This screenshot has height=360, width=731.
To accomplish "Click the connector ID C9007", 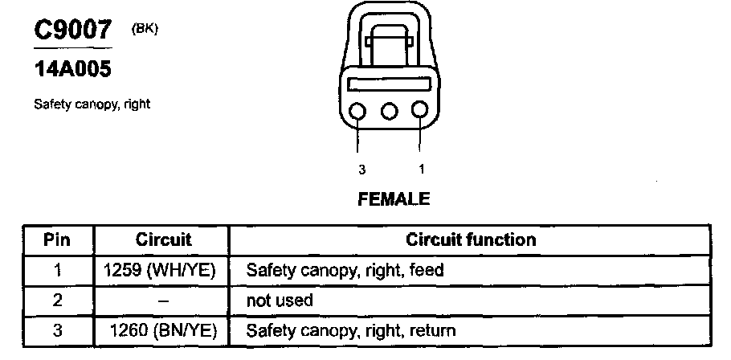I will pyautogui.click(x=71, y=31).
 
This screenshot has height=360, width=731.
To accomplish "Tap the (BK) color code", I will pyautogui.click(x=145, y=29).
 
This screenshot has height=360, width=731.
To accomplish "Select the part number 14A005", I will pyautogui.click(x=71, y=69).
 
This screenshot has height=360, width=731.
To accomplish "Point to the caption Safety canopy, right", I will pyautogui.click(x=92, y=104).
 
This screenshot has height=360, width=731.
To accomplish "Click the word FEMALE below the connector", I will pyautogui.click(x=394, y=198).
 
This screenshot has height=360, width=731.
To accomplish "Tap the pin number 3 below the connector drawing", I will pyautogui.click(x=362, y=170).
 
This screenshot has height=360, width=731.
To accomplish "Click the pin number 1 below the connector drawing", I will pyautogui.click(x=422, y=170).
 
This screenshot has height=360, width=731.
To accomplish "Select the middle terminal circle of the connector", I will pyautogui.click(x=390, y=111).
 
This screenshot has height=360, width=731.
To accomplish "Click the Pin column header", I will pyautogui.click(x=56, y=239).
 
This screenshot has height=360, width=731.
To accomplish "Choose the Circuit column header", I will pyautogui.click(x=163, y=239).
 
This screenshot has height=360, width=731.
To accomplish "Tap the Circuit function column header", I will pyautogui.click(x=471, y=239).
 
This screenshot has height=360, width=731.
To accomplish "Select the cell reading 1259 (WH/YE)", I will pyautogui.click(x=161, y=270).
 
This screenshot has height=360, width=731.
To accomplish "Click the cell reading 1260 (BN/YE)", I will pyautogui.click(x=165, y=330).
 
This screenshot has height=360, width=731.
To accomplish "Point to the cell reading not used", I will pyautogui.click(x=280, y=300).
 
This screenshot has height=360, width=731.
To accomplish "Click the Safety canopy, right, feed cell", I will pyautogui.click(x=345, y=270).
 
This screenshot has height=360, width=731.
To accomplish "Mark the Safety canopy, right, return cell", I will pyautogui.click(x=350, y=330).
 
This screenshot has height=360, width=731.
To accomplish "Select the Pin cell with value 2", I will pyautogui.click(x=57, y=300).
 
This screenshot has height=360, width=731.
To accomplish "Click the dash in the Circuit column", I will pyautogui.click(x=163, y=300).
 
